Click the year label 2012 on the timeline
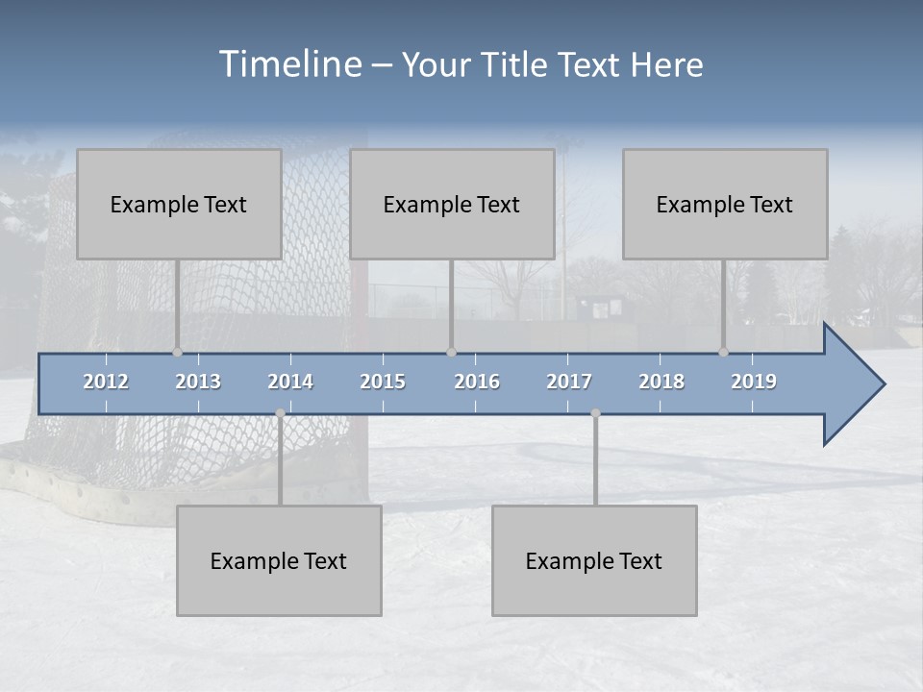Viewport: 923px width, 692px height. [x=106, y=382]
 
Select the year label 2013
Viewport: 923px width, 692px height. [x=198, y=382]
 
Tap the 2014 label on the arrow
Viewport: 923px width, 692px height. [x=290, y=382]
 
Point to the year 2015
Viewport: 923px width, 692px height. [x=383, y=382]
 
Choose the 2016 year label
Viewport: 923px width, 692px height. [x=477, y=382]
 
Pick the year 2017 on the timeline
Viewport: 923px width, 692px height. [x=569, y=382]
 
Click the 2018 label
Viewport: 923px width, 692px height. [x=661, y=382]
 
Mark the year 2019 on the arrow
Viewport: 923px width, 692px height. [x=754, y=382]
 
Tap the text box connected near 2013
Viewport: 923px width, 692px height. [x=179, y=204]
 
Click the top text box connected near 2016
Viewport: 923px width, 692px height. [x=452, y=204]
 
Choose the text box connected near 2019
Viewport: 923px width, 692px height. [x=725, y=204]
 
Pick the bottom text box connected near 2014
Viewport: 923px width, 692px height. [x=279, y=560]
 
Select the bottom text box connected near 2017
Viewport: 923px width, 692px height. [x=594, y=560]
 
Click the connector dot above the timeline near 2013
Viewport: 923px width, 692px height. [x=177, y=352]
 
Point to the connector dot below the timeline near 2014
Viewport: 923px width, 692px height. [x=280, y=413]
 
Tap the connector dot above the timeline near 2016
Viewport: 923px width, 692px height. [x=451, y=352]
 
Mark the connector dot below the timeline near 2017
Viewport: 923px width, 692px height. [x=595, y=413]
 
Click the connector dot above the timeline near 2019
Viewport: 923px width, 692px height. [x=723, y=352]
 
